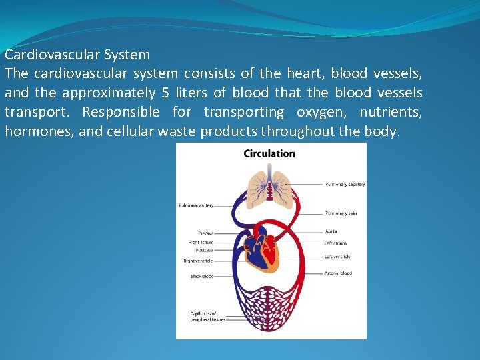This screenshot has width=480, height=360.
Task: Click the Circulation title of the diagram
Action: pos(269,153)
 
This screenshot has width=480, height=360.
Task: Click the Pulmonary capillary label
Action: pos(345,184)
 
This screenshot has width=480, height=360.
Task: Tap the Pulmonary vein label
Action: pos(341,213)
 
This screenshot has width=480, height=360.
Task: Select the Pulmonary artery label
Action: pos(195,205)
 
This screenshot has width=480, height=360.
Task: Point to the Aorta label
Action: pos(331,231)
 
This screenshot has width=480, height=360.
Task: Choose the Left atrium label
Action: pos(335,243)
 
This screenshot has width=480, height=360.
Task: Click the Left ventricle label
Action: pos(337,256)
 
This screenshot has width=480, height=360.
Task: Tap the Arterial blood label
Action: pos(338,273)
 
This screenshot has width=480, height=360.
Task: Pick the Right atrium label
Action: pos(201,242)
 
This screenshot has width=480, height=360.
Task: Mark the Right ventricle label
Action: pos(198,261)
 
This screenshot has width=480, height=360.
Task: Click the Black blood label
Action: pos(201,276)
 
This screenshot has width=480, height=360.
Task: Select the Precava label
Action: pos(205,233)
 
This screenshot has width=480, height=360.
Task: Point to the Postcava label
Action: pos(204,250)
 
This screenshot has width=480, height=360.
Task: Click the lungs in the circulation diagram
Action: pos(269,184)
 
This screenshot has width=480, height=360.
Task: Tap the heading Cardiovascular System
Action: pos(77,55)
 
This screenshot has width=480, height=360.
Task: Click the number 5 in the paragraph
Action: pos(165,93)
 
